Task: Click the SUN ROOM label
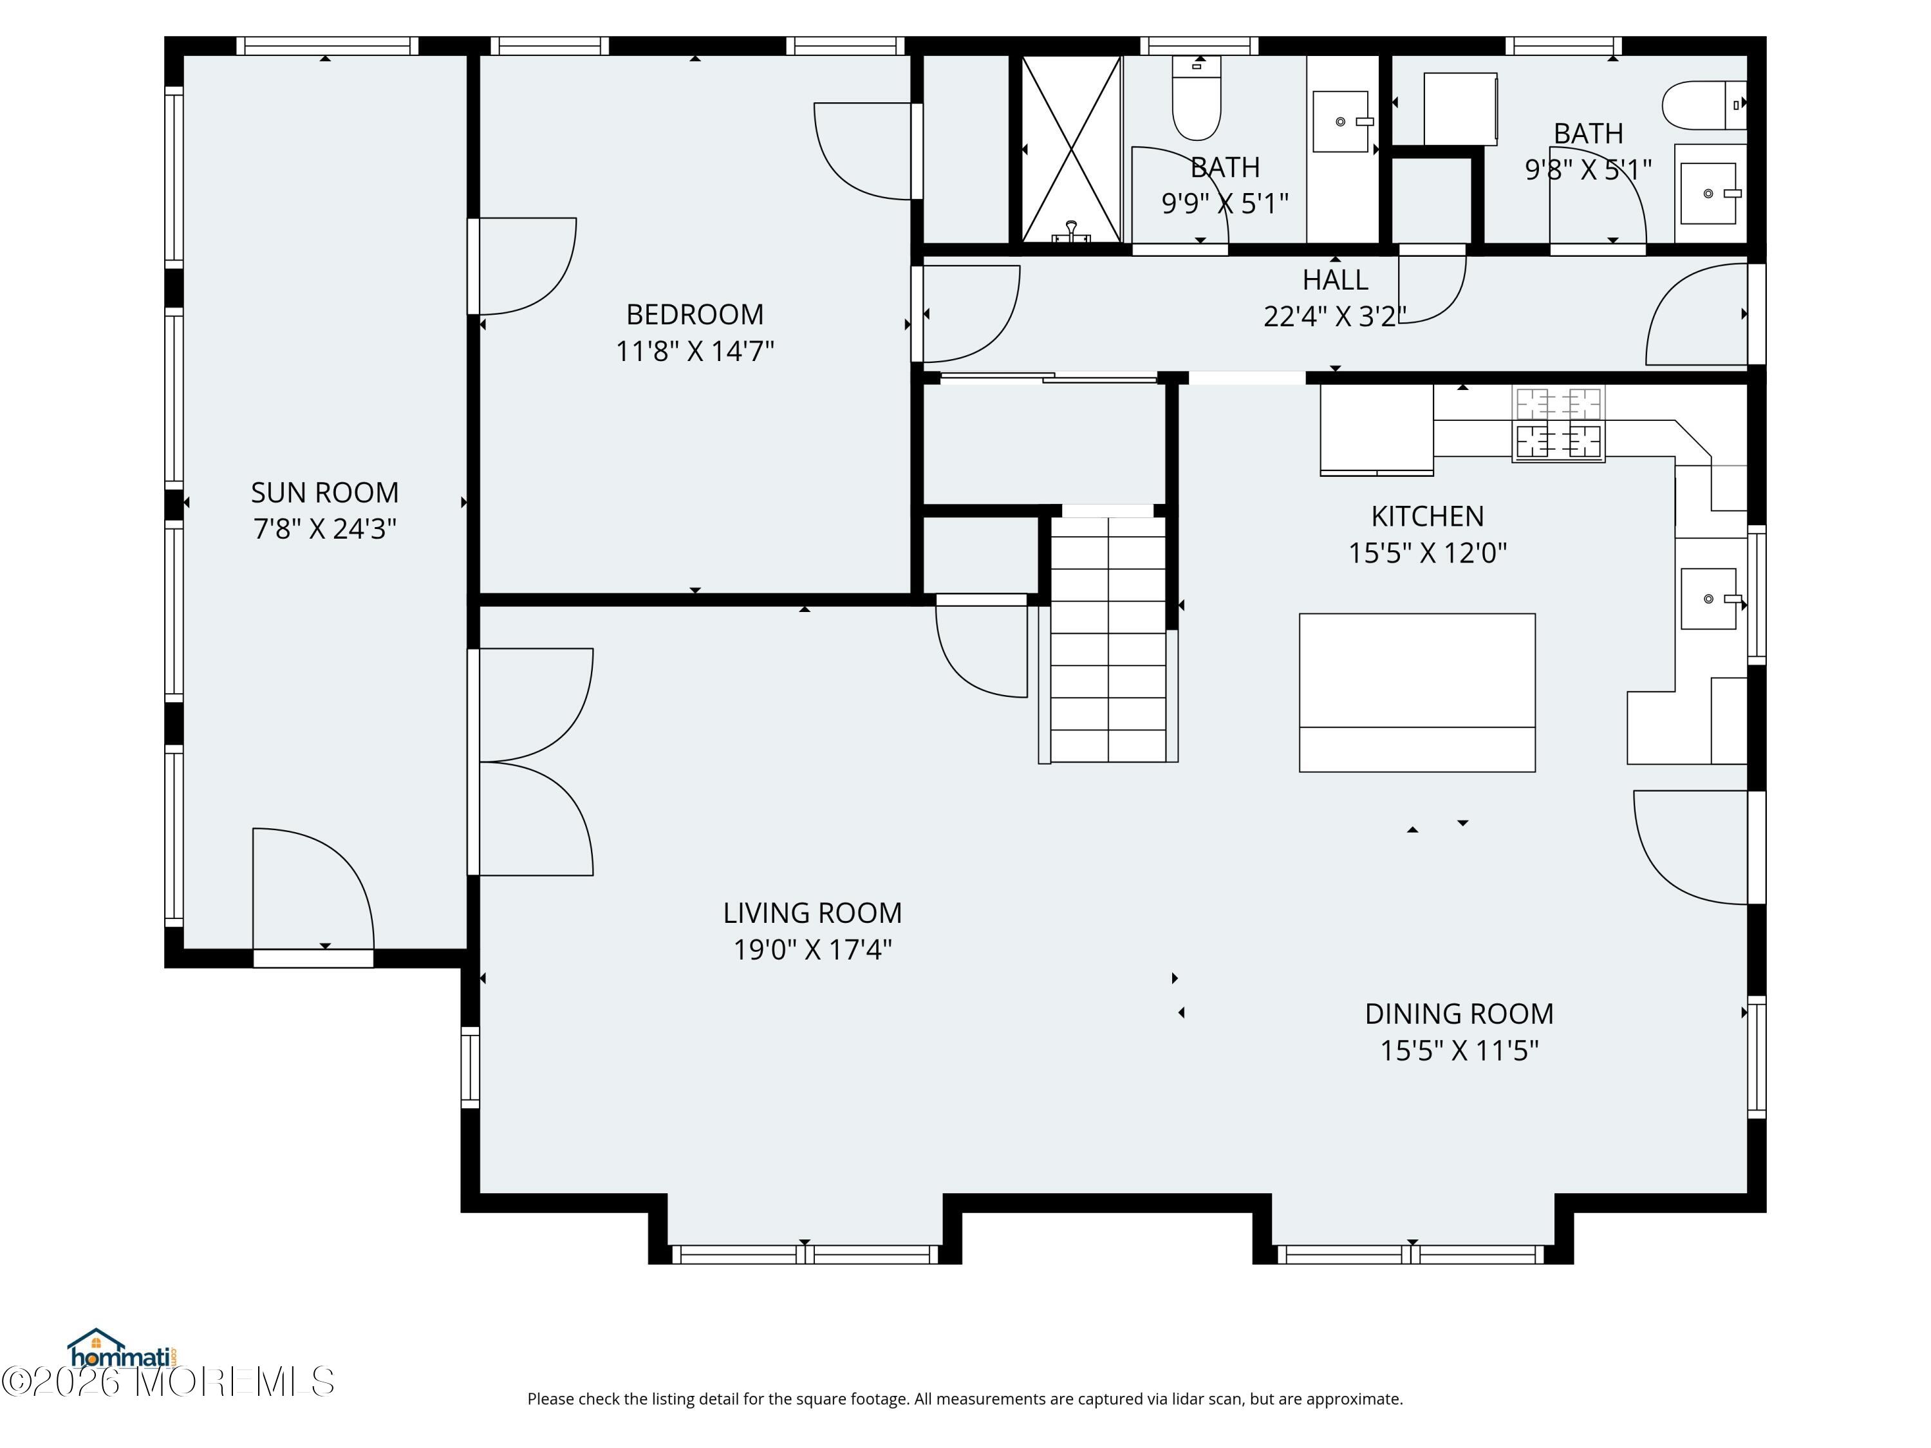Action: (x=325, y=493)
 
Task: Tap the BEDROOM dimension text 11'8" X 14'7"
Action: (x=695, y=351)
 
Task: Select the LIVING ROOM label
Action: (x=812, y=913)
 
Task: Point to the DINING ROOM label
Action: (x=1459, y=1014)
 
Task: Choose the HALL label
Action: (x=1335, y=280)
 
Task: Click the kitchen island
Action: (x=1417, y=692)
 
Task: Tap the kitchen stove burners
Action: (x=1558, y=424)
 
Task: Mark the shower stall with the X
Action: (x=1071, y=149)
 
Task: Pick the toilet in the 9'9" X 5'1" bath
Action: (x=1196, y=98)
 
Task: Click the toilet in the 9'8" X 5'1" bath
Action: (x=1703, y=105)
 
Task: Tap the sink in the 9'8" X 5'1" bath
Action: (x=1708, y=193)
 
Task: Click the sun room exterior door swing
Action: (x=314, y=887)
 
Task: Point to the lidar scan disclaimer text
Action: (x=965, y=1399)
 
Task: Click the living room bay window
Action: (x=805, y=1254)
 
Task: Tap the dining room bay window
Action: (x=1412, y=1254)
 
